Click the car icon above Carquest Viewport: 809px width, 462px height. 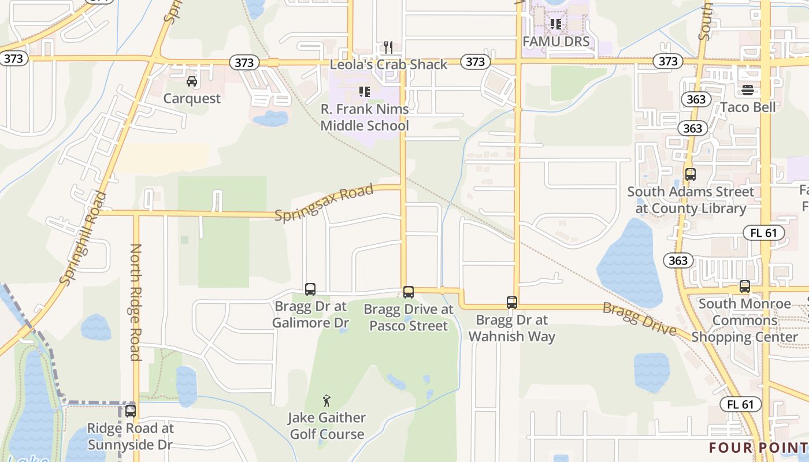[192, 81]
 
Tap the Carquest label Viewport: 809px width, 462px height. [192, 99]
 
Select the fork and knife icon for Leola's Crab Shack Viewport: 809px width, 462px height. [388, 47]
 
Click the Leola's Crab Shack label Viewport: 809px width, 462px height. [388, 65]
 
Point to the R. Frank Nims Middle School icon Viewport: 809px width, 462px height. [365, 91]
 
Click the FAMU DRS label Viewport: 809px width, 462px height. [556, 42]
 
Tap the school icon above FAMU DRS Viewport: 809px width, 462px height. [556, 24]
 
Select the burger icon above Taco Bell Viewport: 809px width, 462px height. [748, 90]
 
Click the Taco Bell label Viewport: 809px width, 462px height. [748, 107]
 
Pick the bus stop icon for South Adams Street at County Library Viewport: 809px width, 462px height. [691, 174]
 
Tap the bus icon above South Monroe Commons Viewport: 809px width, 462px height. [745, 286]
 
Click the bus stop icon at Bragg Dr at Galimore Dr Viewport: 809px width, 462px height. [310, 289]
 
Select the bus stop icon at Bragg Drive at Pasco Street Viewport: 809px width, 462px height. [409, 292]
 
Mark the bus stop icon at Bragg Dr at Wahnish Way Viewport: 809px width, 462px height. [512, 302]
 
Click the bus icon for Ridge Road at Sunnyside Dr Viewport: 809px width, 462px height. [131, 411]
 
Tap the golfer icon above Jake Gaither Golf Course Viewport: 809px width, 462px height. [326, 400]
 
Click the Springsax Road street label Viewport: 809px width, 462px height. [324, 204]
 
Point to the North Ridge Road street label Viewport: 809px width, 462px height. [136, 302]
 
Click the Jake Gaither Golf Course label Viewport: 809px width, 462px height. [326, 426]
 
